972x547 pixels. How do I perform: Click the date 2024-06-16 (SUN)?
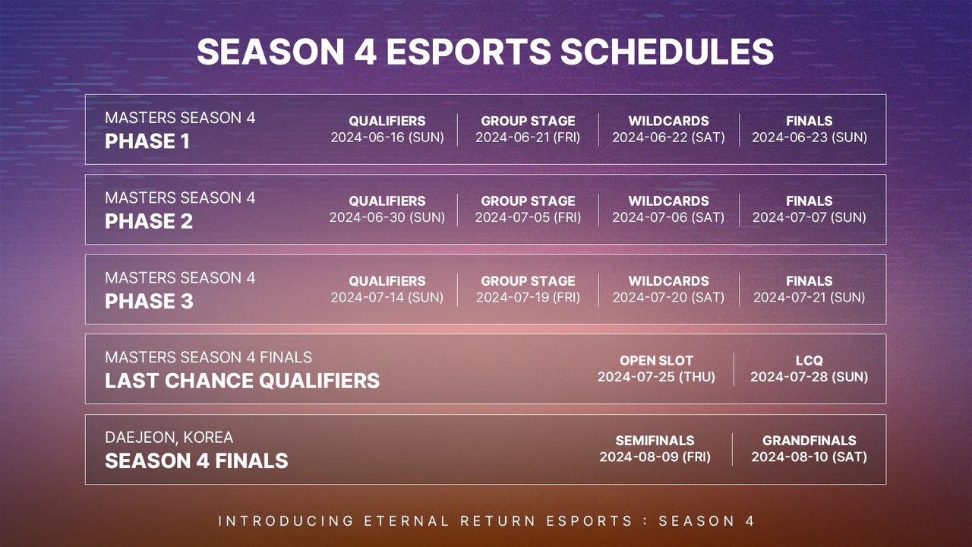tap(387, 138)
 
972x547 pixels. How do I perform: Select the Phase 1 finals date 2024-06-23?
tap(809, 138)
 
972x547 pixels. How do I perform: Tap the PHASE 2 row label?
tap(149, 222)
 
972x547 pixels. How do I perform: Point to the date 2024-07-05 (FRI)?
tap(528, 217)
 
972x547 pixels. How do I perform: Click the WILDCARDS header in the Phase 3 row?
tap(668, 281)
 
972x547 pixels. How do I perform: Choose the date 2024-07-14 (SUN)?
tap(387, 297)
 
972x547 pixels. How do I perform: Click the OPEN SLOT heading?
tap(656, 361)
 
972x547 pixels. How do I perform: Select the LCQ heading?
tap(809, 361)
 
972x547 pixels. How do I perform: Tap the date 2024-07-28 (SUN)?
tap(809, 377)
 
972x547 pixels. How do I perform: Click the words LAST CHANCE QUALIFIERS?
tap(242, 381)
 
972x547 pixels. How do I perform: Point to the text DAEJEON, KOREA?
tap(169, 438)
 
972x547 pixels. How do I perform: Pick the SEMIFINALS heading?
tap(655, 441)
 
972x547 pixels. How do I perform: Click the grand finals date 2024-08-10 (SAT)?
tap(809, 457)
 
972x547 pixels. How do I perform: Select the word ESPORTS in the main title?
tap(469, 52)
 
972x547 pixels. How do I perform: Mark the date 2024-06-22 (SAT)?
tap(668, 138)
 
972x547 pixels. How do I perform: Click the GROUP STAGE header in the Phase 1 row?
tap(528, 121)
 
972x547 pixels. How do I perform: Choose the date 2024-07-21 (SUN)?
tap(809, 297)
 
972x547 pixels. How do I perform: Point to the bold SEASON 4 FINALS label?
tap(196, 461)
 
